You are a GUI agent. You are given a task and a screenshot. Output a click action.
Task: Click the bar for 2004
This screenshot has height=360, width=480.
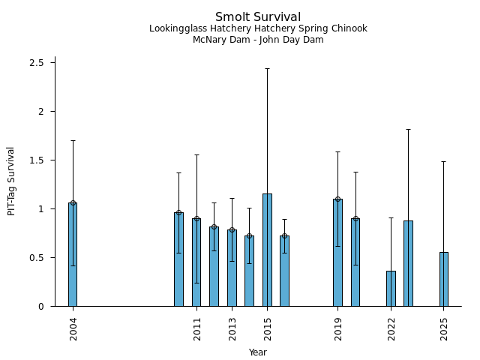(x=73, y=254)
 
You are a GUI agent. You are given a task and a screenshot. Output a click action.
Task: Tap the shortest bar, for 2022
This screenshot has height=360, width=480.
(x=391, y=289)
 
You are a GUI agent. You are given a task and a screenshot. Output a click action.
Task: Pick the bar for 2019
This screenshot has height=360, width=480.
(x=337, y=253)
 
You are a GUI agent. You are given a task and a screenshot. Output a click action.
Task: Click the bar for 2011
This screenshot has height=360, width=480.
(x=196, y=262)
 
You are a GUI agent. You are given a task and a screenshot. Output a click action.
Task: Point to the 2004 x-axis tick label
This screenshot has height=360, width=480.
(x=73, y=328)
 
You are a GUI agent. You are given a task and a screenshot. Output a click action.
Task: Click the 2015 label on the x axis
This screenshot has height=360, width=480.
(x=268, y=328)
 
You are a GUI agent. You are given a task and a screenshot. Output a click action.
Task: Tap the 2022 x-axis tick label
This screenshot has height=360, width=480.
(x=391, y=328)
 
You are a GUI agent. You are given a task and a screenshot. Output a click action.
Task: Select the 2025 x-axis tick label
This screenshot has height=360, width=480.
(x=444, y=328)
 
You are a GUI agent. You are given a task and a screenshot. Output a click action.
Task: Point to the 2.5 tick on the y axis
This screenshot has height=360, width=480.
(x=37, y=62)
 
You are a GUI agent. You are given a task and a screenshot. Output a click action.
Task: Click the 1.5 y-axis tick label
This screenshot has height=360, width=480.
(x=37, y=160)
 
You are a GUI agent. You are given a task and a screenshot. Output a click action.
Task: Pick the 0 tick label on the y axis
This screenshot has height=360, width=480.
(x=41, y=306)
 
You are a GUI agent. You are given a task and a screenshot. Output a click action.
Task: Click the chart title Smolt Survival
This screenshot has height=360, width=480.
(x=258, y=17)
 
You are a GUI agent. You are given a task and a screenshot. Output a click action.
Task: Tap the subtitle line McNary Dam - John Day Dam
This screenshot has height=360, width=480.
(x=258, y=40)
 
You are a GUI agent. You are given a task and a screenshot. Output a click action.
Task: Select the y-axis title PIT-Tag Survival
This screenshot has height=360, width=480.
(x=11, y=181)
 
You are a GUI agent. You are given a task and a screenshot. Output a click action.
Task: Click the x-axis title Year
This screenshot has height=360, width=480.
(x=258, y=352)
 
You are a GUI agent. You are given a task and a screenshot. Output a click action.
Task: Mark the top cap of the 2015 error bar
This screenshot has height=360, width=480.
(x=267, y=68)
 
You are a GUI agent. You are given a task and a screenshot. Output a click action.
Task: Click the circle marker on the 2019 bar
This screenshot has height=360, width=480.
(x=337, y=199)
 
